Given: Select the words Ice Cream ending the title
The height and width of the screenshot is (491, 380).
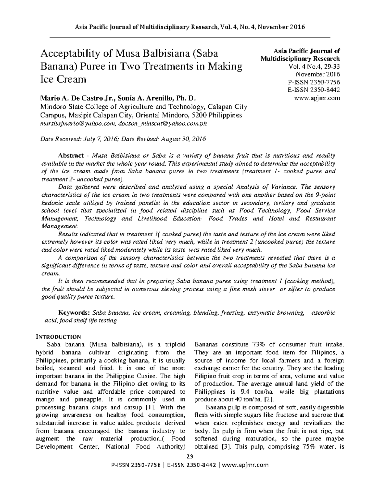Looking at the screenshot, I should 63,79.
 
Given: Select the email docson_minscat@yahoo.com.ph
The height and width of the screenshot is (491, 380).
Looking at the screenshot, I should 162,124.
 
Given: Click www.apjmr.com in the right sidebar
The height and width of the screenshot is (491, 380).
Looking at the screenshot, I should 317,98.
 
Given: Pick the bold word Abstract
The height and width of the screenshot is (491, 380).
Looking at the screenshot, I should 71,156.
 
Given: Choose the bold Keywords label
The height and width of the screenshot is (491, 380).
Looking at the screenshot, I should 74,313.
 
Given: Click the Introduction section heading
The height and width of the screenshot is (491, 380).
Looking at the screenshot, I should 58,336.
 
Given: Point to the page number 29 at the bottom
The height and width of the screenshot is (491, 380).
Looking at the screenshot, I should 190,456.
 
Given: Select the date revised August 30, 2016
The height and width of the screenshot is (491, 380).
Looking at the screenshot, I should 184,139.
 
